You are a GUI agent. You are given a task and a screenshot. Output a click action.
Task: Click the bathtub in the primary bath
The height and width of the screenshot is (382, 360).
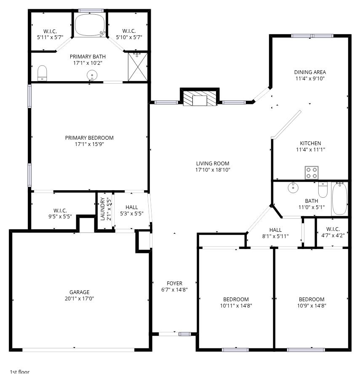coord(90,25)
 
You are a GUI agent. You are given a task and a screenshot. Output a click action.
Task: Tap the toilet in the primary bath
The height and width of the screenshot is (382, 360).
coord(42,73)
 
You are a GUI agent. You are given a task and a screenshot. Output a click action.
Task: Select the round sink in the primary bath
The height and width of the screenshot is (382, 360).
coord(92,75)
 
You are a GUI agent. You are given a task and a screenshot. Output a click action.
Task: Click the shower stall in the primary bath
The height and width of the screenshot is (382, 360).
coord(138,67)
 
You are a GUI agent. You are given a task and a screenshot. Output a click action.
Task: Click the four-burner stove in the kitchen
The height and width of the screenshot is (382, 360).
coord(312,173)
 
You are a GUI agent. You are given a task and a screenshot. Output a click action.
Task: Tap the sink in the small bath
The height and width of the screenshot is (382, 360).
coord(293,188)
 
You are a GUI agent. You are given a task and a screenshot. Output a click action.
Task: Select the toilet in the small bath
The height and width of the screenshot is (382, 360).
coord(323,190)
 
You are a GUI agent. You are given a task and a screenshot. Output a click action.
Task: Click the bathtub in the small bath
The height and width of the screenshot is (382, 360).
coord(339,199)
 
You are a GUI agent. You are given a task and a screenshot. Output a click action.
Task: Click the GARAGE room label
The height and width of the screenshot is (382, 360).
coord(80,292)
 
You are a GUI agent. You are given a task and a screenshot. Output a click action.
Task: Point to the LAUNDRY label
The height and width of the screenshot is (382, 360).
coord(103,209)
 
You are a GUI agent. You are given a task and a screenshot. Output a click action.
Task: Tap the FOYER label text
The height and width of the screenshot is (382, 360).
coord(174,283)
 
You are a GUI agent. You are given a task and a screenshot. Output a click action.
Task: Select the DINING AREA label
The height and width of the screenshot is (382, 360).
coord(310,72)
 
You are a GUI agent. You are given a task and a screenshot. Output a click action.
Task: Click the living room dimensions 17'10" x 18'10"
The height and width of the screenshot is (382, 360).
coord(213,170)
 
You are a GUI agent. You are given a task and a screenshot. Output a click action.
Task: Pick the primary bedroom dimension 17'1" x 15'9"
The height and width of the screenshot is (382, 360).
coord(89,144)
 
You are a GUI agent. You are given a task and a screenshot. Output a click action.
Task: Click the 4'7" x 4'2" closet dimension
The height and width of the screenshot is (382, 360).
coord(333,235)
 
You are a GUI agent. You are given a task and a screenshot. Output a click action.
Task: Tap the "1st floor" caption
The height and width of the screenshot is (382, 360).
coord(20,372)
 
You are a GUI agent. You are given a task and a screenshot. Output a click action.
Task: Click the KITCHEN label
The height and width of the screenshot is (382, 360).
coord(310,143)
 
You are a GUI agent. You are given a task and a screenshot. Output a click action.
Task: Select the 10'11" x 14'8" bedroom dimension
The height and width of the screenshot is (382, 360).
coord(236,305)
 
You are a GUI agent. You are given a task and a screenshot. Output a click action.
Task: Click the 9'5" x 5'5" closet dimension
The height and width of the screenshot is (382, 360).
coord(60,216)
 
